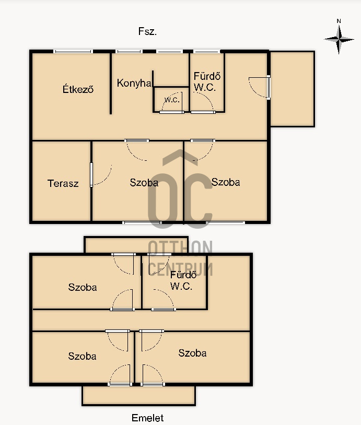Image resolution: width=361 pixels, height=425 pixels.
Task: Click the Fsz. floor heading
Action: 147,31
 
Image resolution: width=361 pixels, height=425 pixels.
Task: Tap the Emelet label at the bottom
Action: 147,418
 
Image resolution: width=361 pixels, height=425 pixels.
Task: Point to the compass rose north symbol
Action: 339,40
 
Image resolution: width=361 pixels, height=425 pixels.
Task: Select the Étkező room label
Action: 78,89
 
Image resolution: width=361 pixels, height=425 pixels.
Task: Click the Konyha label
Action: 134,83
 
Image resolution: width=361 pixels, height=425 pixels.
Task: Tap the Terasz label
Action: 63,183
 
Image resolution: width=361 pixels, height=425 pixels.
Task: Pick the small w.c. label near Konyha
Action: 172,100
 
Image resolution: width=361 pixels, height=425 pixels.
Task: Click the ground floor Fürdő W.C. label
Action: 207,81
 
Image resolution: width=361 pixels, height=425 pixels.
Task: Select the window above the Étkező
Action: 73,51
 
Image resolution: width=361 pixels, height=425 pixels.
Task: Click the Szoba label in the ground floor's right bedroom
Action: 226,182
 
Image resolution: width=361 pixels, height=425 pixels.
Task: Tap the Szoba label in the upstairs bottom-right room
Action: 192,353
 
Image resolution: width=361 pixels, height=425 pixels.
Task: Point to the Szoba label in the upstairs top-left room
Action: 83,287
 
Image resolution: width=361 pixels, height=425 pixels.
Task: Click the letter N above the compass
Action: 339,21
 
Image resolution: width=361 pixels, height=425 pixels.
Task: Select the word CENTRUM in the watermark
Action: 180,269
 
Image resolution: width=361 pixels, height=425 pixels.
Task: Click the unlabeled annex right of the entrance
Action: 293,89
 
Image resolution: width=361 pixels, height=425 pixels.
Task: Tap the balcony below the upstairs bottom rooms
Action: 138,395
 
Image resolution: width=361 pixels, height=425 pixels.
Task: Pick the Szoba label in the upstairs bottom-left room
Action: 82,356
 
